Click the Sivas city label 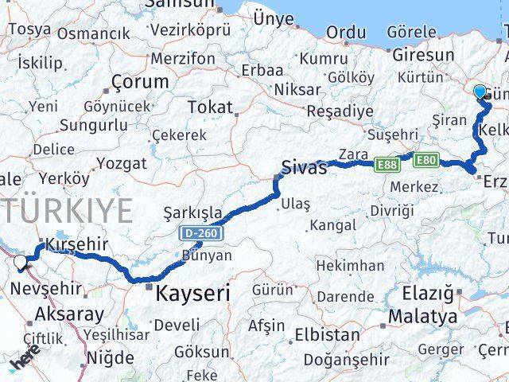[305, 168]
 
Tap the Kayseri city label [194, 293]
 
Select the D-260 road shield [200, 232]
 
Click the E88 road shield [387, 164]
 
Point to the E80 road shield [425, 159]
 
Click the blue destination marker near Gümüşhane [480, 92]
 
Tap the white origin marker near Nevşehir [20, 260]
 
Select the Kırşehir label [76, 244]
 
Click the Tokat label [210, 107]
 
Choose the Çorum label [140, 81]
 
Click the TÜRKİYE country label [67, 211]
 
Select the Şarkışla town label [192, 212]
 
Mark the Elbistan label [327, 335]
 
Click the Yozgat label [122, 163]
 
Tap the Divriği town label [393, 210]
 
